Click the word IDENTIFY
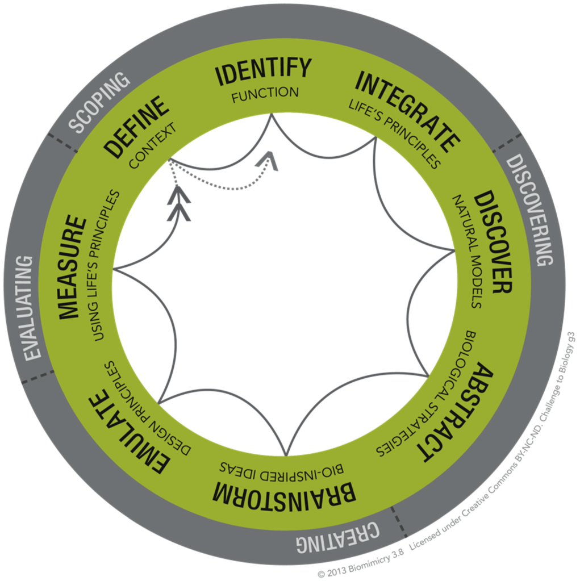pos(264,71)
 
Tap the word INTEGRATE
pos(407,111)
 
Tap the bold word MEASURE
pos(72,266)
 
